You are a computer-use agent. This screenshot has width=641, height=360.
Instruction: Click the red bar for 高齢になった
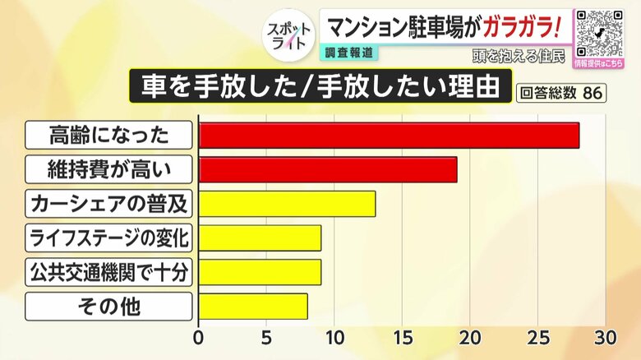(x=389, y=136)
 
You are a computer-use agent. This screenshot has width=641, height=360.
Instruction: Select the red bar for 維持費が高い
(x=328, y=169)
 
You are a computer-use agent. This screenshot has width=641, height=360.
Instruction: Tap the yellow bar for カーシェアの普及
(x=287, y=204)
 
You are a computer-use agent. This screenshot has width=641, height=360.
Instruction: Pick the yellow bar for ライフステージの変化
(x=260, y=238)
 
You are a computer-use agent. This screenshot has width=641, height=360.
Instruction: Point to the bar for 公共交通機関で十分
(x=260, y=272)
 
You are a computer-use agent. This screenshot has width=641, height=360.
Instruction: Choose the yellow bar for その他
(x=253, y=307)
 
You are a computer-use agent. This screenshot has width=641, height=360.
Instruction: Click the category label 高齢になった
(x=109, y=136)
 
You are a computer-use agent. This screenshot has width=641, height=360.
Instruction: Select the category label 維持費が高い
(x=109, y=170)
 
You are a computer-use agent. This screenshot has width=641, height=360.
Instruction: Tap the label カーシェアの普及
(x=109, y=204)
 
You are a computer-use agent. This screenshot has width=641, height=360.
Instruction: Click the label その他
(x=109, y=307)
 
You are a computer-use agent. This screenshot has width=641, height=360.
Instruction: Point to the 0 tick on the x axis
(x=198, y=338)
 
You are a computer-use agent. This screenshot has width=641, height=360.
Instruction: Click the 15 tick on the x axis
(x=402, y=338)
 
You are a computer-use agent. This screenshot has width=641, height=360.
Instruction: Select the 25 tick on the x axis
(x=537, y=338)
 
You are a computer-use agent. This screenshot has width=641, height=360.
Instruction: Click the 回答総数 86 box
(x=562, y=92)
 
